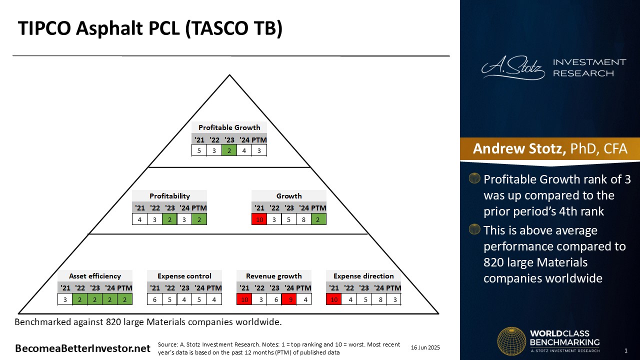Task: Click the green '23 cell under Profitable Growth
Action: tap(229, 150)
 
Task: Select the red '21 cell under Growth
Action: tap(259, 219)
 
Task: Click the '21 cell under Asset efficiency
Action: tap(65, 299)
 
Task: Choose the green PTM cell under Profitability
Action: tap(199, 219)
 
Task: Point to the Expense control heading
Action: tap(184, 276)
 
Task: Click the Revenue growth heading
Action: tap(273, 276)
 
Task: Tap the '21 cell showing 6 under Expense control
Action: tap(154, 299)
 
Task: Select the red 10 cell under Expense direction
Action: tap(333, 299)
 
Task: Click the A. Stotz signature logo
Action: tap(513, 67)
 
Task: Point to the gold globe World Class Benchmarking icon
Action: tap(511, 341)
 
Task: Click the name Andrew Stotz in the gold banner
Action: tap(519, 148)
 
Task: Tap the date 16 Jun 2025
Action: tap(425, 347)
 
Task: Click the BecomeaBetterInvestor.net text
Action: tap(82, 348)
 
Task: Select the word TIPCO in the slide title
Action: tap(44, 28)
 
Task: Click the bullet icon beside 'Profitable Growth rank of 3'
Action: tap(474, 178)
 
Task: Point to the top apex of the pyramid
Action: tap(229, 75)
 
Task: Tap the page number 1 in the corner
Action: tap(625, 350)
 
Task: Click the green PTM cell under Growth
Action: tap(318, 219)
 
